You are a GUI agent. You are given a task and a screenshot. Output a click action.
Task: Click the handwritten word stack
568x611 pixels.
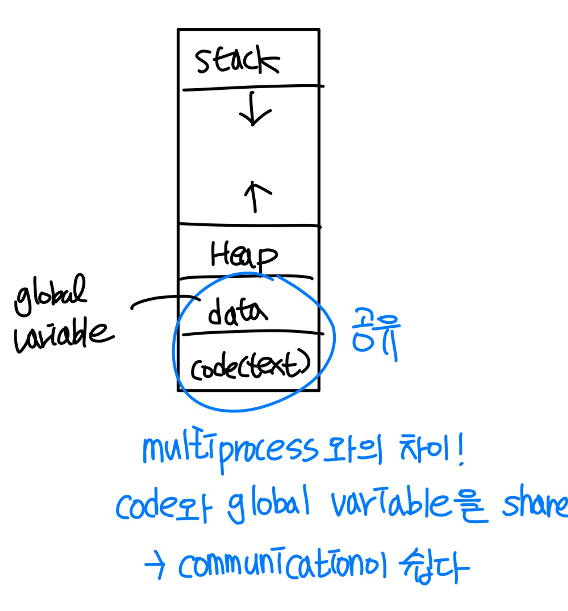[x=237, y=60]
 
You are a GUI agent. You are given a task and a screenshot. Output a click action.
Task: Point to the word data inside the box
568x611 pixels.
[x=237, y=312]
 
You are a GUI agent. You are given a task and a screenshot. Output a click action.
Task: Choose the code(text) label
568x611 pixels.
[x=250, y=366]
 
